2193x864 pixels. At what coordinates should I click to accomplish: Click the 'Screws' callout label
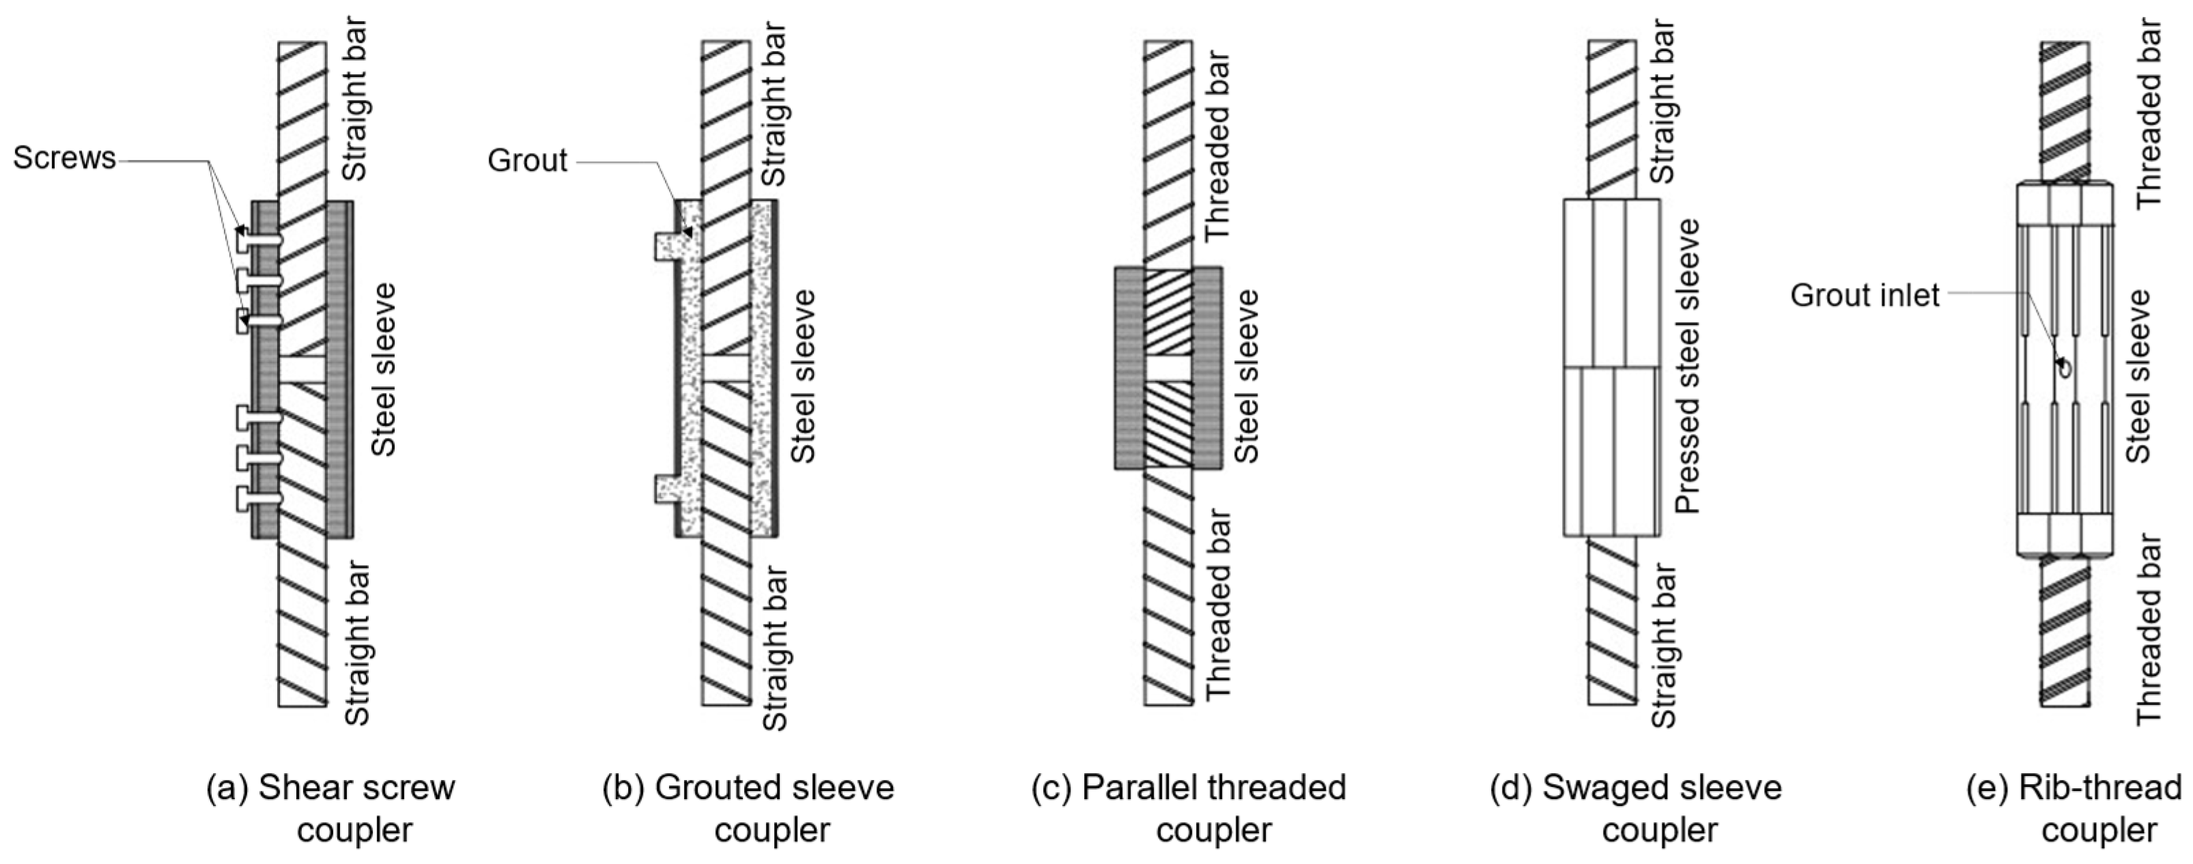(x=64, y=158)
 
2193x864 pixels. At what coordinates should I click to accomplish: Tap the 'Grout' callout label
(x=527, y=160)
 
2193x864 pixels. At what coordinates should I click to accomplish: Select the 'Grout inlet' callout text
(x=1865, y=296)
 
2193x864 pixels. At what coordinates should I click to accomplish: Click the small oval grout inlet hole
(x=2063, y=368)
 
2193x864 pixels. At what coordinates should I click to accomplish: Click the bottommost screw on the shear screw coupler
(x=259, y=499)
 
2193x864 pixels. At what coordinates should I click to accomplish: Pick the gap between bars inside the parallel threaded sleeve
(x=1168, y=368)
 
